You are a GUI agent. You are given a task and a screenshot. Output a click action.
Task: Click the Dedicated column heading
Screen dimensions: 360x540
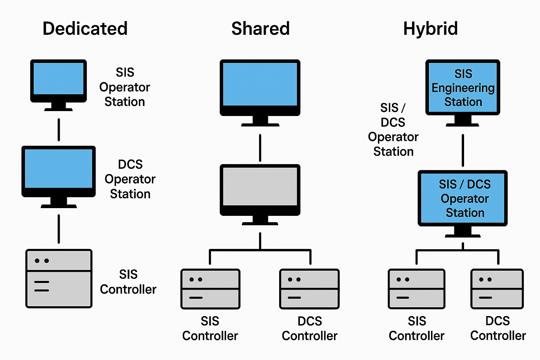[85, 28]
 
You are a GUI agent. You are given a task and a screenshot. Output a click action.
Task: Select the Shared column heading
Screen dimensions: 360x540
[261, 28]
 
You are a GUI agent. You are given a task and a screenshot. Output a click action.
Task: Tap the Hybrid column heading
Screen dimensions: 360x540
[430, 28]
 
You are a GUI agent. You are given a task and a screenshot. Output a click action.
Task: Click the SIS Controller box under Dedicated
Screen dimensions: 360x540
[59, 278]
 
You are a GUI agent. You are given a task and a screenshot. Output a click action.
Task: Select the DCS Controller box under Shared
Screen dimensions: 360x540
[309, 289]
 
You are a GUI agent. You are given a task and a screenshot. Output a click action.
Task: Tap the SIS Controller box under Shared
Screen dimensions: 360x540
[210, 289]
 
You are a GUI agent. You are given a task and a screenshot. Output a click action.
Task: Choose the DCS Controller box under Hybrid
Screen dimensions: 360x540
[497, 289]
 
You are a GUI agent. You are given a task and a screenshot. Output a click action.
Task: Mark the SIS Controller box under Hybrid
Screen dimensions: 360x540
[417, 289]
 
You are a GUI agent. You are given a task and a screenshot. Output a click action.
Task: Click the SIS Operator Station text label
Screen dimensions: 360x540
[125, 87]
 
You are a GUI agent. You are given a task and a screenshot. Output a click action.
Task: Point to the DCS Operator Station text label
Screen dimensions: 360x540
[130, 179]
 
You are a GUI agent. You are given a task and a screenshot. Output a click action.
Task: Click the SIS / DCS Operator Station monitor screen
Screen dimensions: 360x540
[463, 198]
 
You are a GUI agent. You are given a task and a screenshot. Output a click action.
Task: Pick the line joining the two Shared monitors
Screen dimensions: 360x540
[260, 148]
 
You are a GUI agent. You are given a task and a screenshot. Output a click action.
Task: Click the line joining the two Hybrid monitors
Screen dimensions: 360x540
[463, 150]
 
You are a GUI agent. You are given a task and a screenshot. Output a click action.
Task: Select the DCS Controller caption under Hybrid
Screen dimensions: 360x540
[498, 328]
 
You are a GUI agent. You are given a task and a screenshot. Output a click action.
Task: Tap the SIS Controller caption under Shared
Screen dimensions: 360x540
[210, 328]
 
